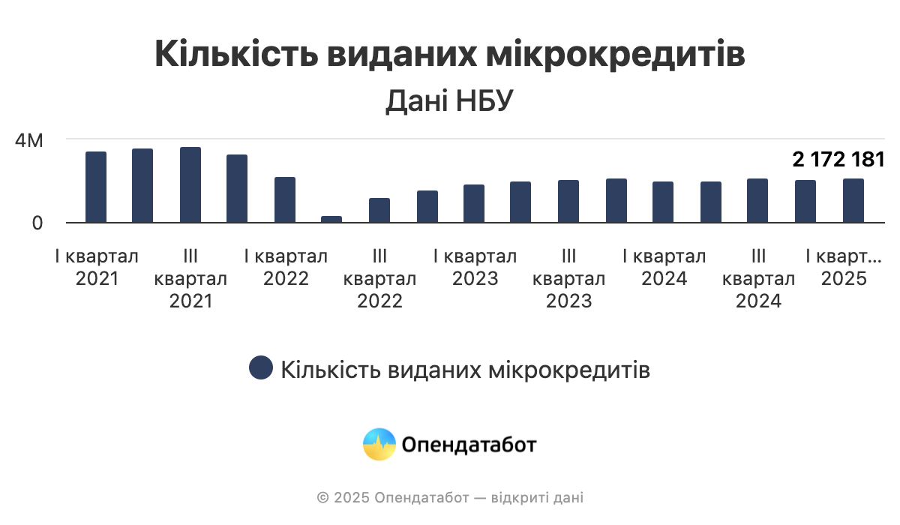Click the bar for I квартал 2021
tap(96, 187)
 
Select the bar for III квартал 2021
tap(190, 185)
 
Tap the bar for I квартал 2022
tap(285, 200)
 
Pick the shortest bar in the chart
tap(331, 220)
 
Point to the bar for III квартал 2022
tap(379, 211)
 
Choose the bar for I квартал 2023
tap(474, 204)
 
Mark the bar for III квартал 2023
tap(568, 202)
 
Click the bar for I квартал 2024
tap(663, 202)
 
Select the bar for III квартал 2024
tap(757, 201)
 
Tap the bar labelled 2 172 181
tap(853, 201)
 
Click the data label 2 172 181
tap(838, 159)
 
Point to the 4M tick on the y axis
tap(30, 140)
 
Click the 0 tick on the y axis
tap(35, 223)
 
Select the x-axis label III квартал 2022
tap(379, 279)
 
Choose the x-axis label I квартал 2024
tap(664, 268)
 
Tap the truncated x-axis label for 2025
tap(844, 268)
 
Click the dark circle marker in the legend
tap(261, 368)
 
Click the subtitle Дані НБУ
tap(449, 102)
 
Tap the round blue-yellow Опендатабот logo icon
tap(379, 444)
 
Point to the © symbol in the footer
tap(323, 497)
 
